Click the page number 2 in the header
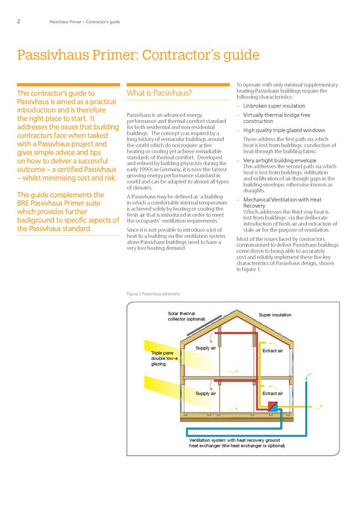pyautogui.click(x=18, y=22)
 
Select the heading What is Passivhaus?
pyautogui.click(x=160, y=93)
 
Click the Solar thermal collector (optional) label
pyautogui.click(x=187, y=316)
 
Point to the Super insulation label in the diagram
pyautogui.click(x=275, y=315)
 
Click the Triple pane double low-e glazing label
pyautogui.click(x=164, y=358)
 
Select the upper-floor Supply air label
pyautogui.click(x=205, y=348)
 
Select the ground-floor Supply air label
pyautogui.click(x=205, y=393)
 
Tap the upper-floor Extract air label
pyautogui.click(x=272, y=351)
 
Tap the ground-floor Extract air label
pyautogui.click(x=272, y=393)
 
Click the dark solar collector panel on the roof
pyautogui.click(x=203, y=328)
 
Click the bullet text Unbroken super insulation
pyautogui.click(x=274, y=106)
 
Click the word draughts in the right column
pyautogui.click(x=254, y=191)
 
